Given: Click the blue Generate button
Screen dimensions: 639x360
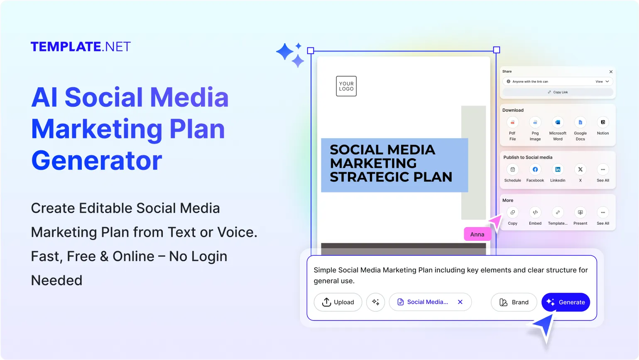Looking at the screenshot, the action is tap(566, 302).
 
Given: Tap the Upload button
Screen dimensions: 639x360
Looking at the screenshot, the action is tap(338, 302).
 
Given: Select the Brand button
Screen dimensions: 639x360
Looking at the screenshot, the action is tap(514, 302).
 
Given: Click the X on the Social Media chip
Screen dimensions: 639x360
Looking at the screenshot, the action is tap(460, 302).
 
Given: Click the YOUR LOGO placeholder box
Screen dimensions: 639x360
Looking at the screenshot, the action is tap(346, 86).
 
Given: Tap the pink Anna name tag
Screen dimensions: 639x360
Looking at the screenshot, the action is tap(477, 234).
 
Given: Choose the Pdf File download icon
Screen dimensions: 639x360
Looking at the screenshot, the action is tap(513, 122).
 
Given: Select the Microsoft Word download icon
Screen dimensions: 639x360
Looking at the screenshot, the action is tap(558, 122).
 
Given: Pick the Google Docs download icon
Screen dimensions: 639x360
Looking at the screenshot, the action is tap(580, 122).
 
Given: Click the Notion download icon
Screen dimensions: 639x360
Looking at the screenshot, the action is tap(603, 122).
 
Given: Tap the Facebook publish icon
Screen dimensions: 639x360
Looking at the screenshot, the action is tap(535, 169).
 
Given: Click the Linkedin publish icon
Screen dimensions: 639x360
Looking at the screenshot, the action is tap(558, 169).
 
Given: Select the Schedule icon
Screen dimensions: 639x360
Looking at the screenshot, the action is tap(513, 169).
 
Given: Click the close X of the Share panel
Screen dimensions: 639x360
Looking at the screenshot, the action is tap(611, 71).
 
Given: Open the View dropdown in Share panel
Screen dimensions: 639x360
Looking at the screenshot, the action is tap(602, 81).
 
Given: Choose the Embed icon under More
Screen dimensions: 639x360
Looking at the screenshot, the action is tap(535, 212).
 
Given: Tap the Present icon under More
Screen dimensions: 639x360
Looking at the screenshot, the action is tap(580, 212).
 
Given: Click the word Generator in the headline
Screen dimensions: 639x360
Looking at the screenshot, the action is tap(97, 161).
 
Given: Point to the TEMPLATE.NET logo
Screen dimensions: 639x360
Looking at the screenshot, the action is tap(81, 47).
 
